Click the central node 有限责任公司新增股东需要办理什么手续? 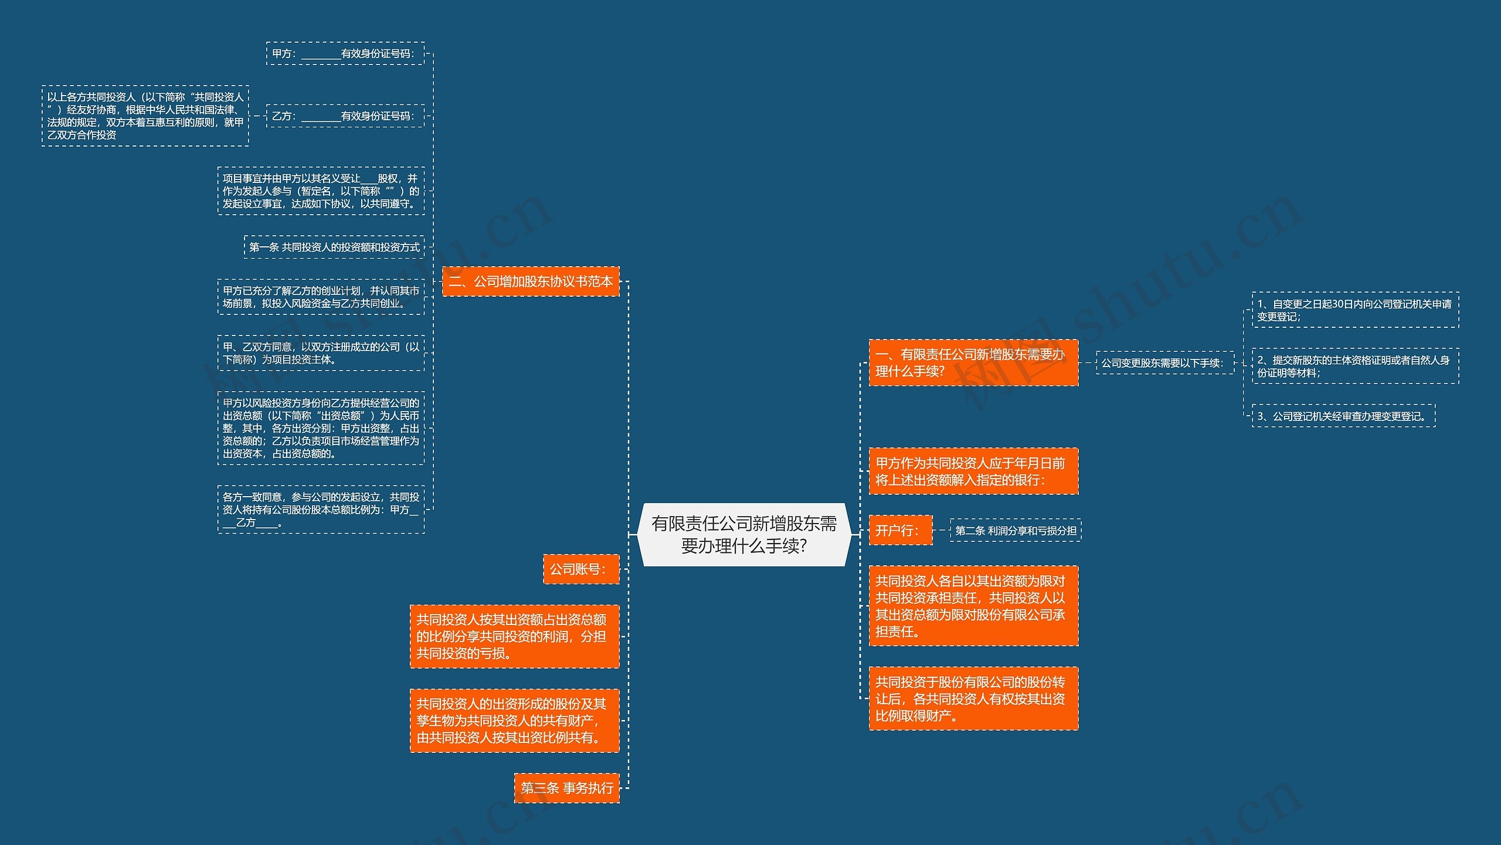coord(743,534)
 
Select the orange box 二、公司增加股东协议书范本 coord(531,281)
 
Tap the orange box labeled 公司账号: coord(581,569)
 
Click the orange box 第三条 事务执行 coord(567,788)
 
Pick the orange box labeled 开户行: coord(900,531)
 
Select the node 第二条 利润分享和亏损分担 coord(1016,531)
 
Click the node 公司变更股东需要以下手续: coord(1164,363)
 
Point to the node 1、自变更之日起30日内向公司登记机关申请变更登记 coord(1355,310)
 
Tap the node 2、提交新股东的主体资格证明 coord(1355,366)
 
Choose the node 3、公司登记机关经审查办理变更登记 coord(1343,416)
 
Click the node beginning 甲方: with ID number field coord(345,53)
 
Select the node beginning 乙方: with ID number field coord(345,116)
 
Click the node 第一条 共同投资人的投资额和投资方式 coord(334,247)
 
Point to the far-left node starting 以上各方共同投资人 coord(145,116)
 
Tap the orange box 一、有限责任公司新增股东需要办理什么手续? coord(973,362)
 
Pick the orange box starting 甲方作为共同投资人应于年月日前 coord(973,471)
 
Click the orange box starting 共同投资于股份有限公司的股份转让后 coord(973,698)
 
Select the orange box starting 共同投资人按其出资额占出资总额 coord(514,636)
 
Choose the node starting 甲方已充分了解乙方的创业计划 coord(321,297)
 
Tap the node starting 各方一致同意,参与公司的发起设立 coord(321,510)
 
